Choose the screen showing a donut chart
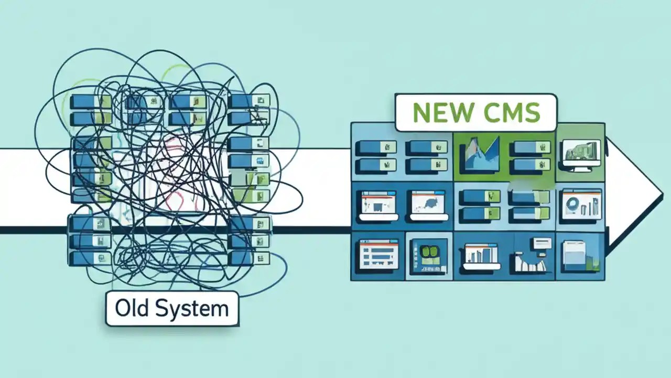(581, 205)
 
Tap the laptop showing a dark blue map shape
(428, 205)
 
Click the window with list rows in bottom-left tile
(378, 254)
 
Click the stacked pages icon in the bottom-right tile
(579, 255)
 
